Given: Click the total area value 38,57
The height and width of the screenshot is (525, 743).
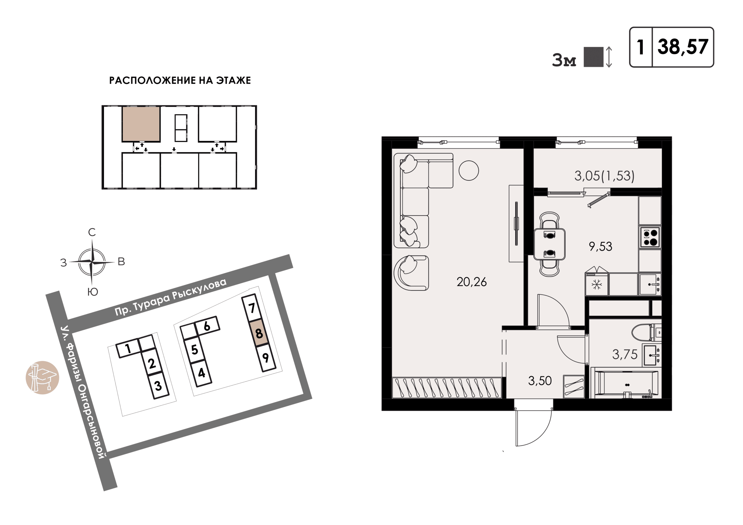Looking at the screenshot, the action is [x=683, y=47].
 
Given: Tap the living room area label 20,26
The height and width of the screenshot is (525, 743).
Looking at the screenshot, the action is [x=472, y=282].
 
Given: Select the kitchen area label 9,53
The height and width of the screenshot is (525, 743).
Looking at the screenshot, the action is [x=600, y=247].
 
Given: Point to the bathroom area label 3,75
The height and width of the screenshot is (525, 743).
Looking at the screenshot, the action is [x=625, y=354].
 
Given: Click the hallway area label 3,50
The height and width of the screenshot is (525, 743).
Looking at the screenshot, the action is [x=540, y=381].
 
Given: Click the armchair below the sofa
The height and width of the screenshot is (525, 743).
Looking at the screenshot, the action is [x=411, y=273].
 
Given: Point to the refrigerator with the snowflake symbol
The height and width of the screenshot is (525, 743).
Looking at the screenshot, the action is [x=597, y=284].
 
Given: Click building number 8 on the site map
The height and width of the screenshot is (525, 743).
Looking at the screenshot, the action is [x=259, y=333].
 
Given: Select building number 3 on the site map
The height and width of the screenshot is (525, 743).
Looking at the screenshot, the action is [x=158, y=385].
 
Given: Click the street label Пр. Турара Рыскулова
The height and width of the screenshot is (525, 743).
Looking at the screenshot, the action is [x=171, y=297].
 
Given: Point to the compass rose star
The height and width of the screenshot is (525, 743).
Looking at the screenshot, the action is [x=92, y=262].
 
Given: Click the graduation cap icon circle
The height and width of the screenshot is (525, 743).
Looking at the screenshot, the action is [x=42, y=377].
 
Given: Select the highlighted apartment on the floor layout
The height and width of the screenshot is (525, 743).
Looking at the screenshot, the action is [x=141, y=124].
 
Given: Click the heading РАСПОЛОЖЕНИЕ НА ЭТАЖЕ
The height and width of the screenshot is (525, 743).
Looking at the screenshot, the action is [x=180, y=80].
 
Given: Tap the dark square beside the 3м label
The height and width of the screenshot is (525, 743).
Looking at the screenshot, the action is [x=594, y=57].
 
